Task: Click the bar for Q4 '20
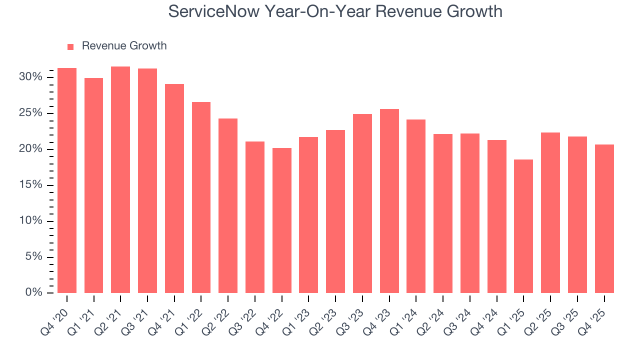[x=67, y=180]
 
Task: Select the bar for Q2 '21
[x=120, y=180]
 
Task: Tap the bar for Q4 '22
[x=282, y=220]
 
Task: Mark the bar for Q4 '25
[x=604, y=218]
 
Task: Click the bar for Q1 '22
[x=201, y=197]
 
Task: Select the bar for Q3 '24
[x=470, y=213]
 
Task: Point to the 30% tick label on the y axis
[x=30, y=77]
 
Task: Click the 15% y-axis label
[x=30, y=185]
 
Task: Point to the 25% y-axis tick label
[x=30, y=113]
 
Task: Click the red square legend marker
[x=70, y=46]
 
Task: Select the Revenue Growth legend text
[x=124, y=46]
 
